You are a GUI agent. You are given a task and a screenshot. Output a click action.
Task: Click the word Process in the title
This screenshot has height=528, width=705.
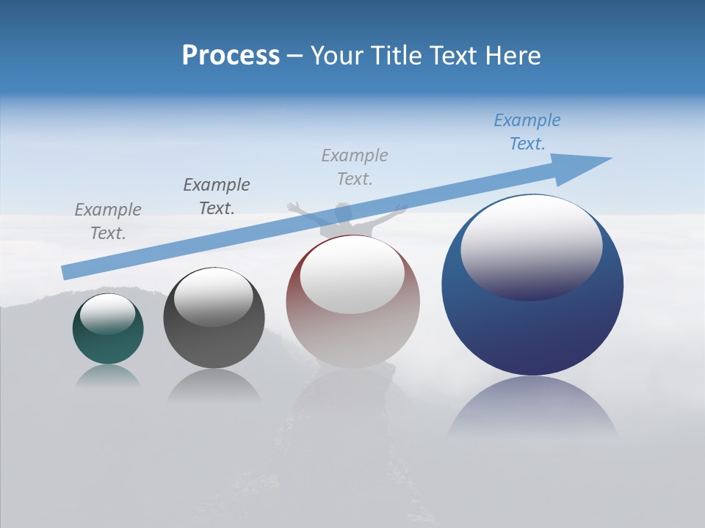pyautogui.click(x=231, y=56)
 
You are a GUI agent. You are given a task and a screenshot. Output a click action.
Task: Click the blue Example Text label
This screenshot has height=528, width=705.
pyautogui.click(x=527, y=132)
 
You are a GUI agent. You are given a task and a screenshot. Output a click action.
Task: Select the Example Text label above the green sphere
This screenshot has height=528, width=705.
pyautogui.click(x=108, y=221)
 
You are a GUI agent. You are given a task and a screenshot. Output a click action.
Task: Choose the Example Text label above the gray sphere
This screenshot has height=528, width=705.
pyautogui.click(x=217, y=196)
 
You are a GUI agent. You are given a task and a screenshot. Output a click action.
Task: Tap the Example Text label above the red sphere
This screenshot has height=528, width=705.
pyautogui.click(x=355, y=166)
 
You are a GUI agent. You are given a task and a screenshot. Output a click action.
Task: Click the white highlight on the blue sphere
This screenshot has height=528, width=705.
pyautogui.click(x=531, y=246)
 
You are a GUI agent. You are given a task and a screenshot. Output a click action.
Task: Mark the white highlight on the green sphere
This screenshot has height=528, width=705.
pyautogui.click(x=107, y=313)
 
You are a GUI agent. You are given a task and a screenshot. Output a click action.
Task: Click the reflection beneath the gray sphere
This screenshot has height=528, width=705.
pyautogui.click(x=214, y=385)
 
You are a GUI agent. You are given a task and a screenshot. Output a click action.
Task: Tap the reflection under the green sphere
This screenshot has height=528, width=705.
pyautogui.click(x=108, y=375)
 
